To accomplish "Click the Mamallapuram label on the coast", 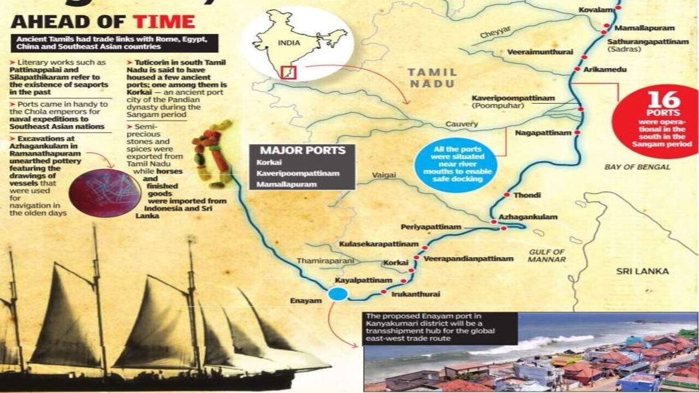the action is tap(644, 28).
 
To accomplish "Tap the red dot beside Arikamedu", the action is tap(578, 69).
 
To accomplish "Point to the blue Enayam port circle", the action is tap(338, 294).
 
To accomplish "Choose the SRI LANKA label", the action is tap(642, 271).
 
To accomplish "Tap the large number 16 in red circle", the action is tap(664, 100).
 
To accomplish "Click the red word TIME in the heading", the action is tap(164, 22).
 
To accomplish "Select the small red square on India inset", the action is tap(288, 72).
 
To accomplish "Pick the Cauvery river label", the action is tap(461, 124).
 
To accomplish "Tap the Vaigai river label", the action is tap(383, 176).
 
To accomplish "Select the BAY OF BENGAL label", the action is tap(637, 166).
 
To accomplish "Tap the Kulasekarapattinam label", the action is tap(378, 244).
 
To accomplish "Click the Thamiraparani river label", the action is tap(325, 261).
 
